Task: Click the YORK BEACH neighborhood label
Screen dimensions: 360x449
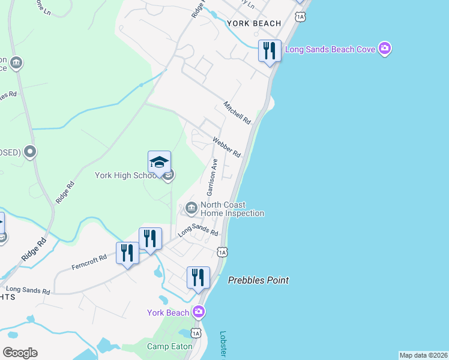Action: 254,23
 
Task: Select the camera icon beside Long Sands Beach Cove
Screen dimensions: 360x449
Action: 385,49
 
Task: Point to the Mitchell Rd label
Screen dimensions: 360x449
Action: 237,113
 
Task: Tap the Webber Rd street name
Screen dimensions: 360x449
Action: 226,146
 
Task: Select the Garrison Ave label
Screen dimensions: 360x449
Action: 211,177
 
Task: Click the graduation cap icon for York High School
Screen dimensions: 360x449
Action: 159,162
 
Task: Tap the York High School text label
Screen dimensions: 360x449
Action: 126,176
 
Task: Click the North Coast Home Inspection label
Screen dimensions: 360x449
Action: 232,209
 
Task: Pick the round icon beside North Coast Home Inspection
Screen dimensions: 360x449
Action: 191,208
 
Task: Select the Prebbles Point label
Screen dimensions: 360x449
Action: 258,280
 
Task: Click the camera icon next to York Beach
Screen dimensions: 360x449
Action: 199,312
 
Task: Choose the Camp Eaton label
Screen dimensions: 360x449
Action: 170,346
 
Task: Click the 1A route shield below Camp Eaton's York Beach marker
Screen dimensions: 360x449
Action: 196,332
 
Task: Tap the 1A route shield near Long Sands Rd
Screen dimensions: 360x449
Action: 222,252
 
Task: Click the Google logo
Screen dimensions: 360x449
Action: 20,353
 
